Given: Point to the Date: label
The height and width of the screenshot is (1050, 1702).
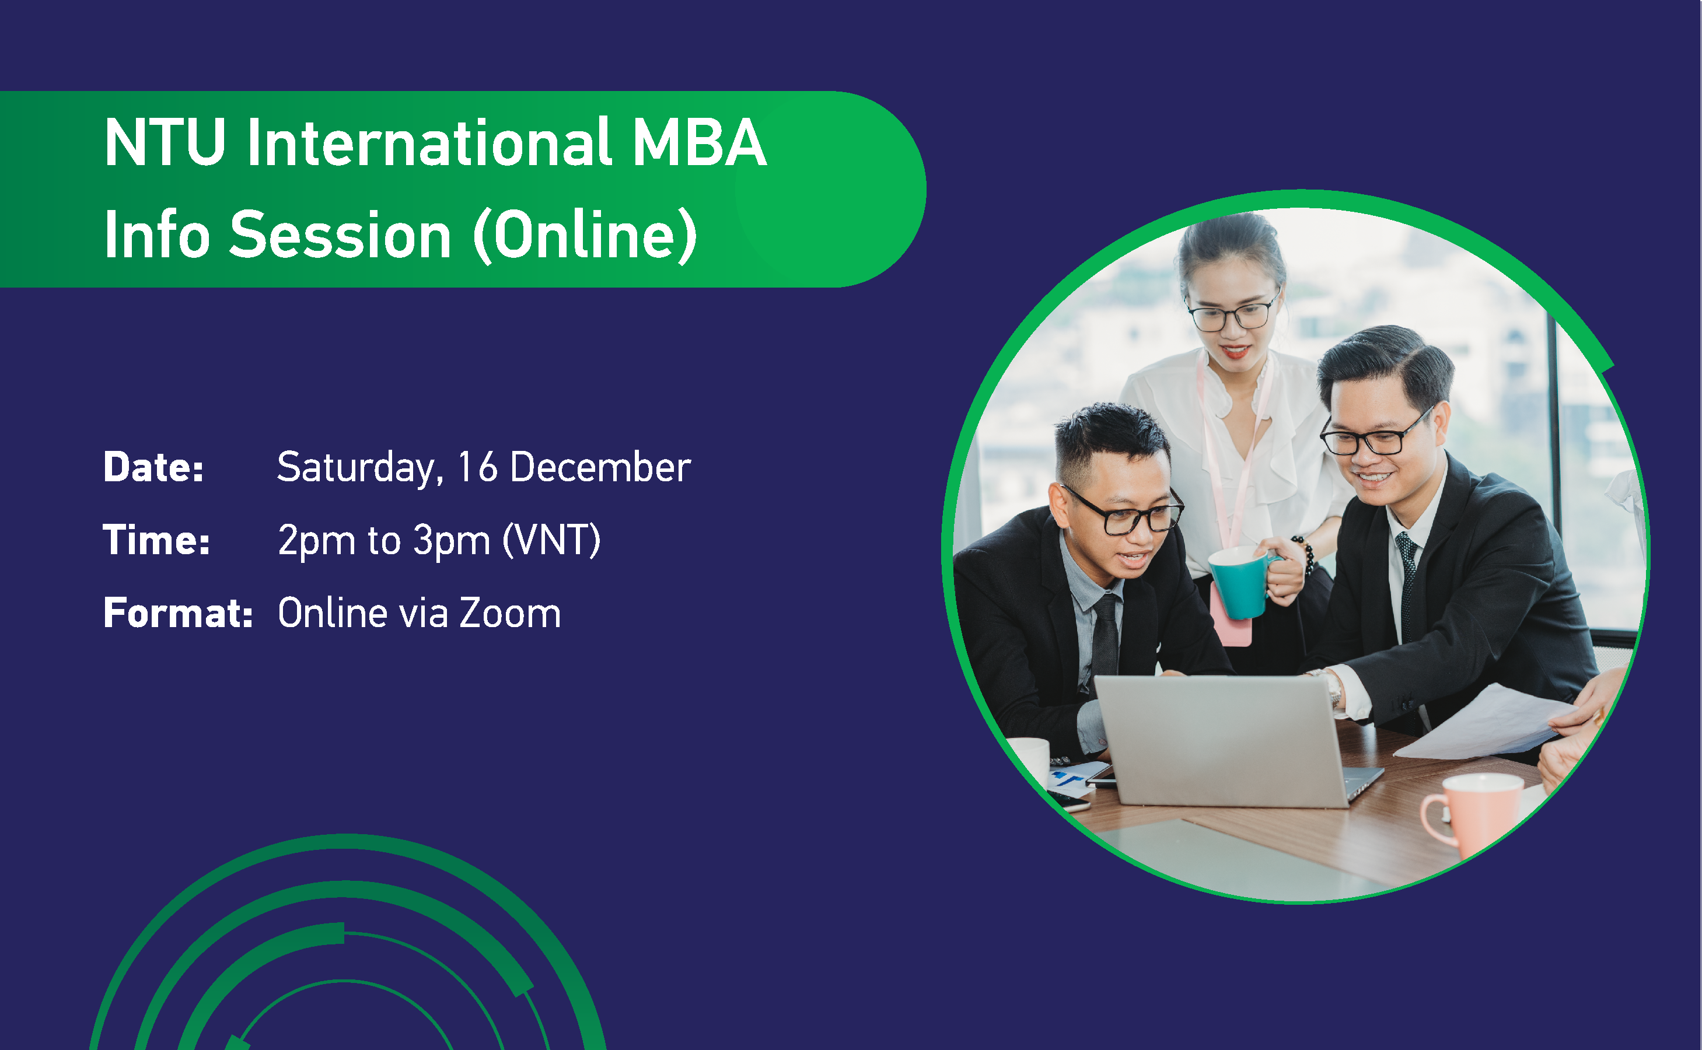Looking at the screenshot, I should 153,467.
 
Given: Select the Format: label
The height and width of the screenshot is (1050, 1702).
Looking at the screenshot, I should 178,613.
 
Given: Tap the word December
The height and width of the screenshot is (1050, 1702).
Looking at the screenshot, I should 600,467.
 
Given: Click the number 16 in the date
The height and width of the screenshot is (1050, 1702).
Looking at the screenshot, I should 477,467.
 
